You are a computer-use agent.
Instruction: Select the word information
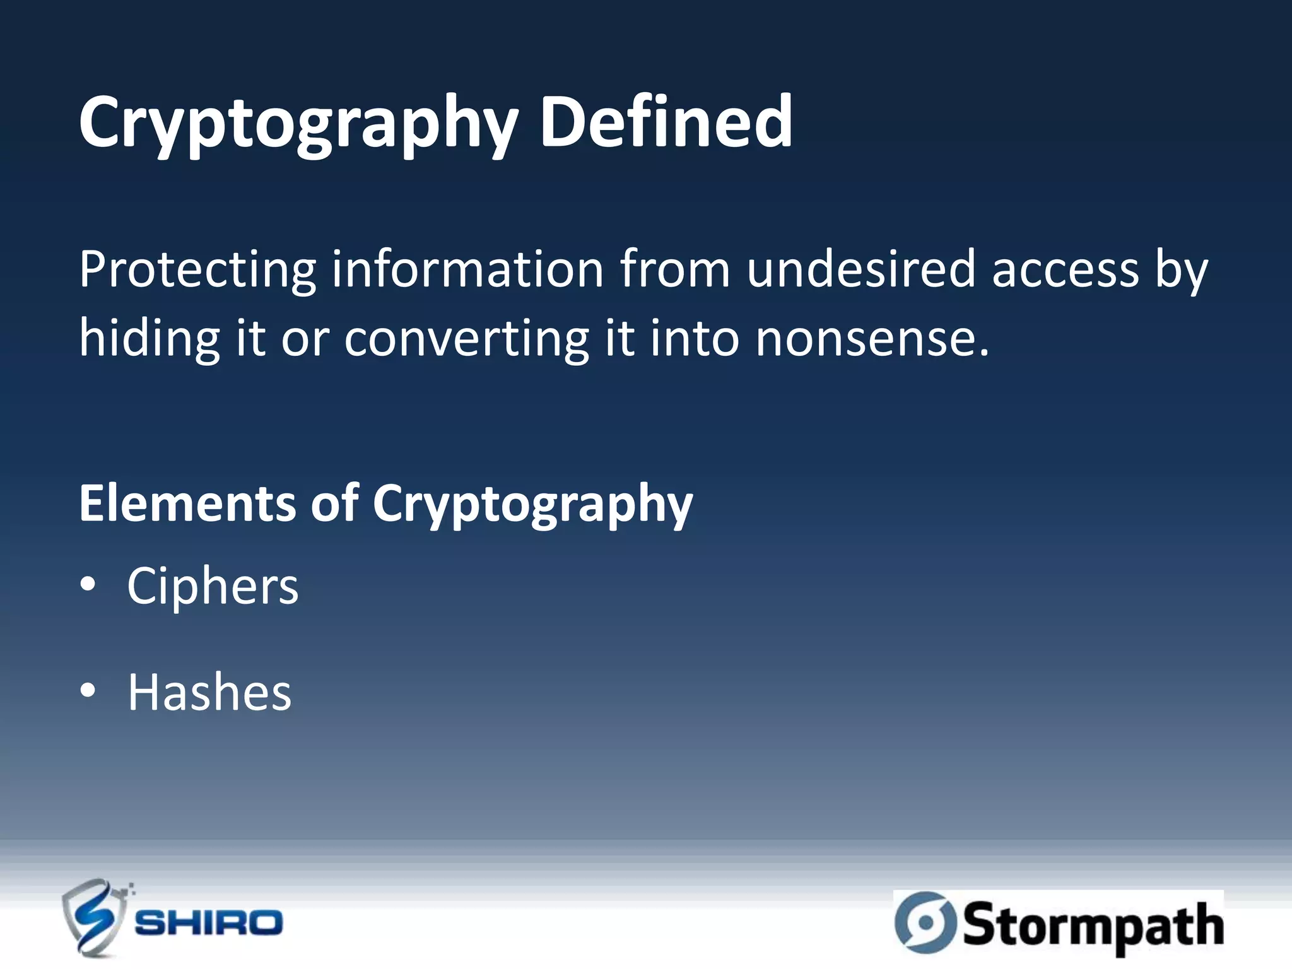(467, 269)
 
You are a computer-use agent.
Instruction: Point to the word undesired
(860, 269)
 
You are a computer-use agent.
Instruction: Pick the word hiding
(149, 339)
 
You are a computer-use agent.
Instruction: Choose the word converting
(466, 339)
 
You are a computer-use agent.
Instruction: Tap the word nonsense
(871, 339)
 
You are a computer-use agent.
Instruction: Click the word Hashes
(209, 692)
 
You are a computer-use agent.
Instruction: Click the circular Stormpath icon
(925, 922)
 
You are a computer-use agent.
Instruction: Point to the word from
(674, 269)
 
